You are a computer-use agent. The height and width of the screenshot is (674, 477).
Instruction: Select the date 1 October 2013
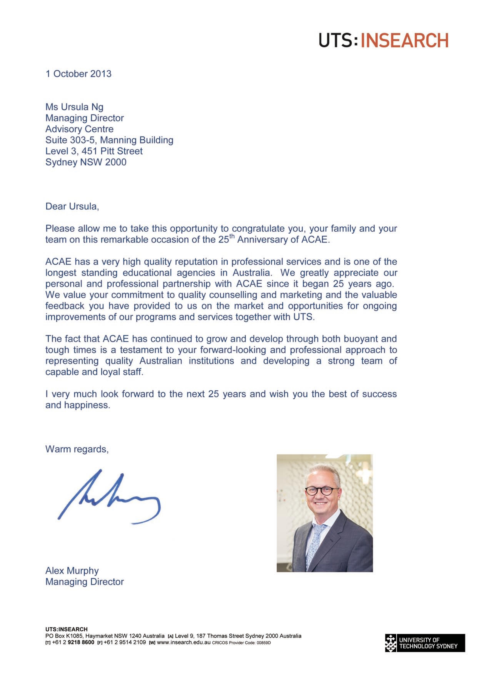78,74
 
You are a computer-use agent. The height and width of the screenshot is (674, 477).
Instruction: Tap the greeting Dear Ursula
72,206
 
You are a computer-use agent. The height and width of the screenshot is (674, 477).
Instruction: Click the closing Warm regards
77,449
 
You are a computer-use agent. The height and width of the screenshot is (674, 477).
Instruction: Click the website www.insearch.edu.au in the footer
184,651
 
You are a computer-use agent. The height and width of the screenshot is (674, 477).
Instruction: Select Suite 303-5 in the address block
70,140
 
